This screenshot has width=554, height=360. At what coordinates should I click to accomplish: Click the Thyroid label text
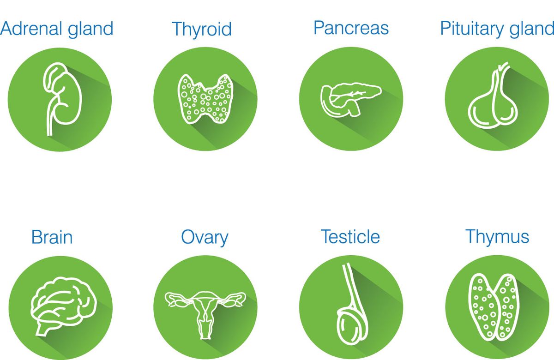202,30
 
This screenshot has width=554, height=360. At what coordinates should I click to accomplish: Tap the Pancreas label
351,28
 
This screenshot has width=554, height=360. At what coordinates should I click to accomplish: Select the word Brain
52,237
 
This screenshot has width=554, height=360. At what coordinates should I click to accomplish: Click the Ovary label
205,238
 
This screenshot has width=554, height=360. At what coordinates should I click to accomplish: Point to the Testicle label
350,237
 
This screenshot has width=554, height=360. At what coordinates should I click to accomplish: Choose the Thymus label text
497,237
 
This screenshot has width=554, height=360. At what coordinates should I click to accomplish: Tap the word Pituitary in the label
472,29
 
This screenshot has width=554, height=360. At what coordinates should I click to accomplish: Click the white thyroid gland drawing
205,99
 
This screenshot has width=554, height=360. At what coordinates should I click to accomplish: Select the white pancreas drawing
351,99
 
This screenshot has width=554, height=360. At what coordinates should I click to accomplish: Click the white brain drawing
63,306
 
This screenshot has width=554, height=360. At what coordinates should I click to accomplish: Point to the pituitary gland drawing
493,96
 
